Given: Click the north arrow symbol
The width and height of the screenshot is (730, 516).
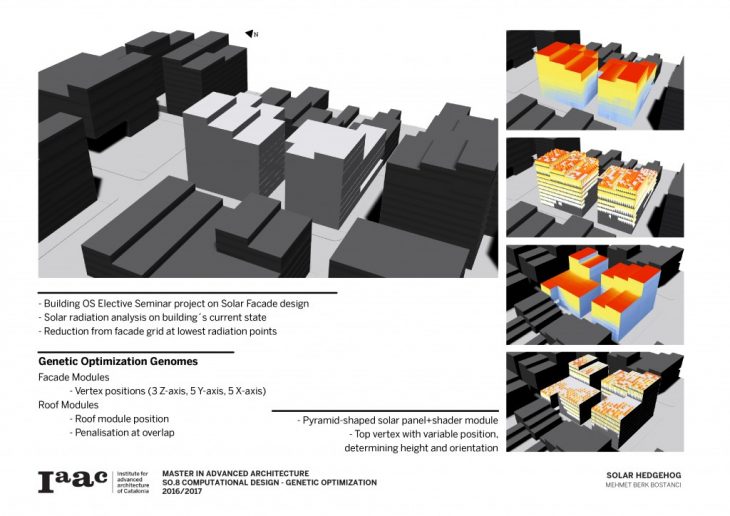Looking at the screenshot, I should pyautogui.click(x=250, y=34).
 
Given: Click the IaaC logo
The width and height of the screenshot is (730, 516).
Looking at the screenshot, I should pyautogui.click(x=73, y=481).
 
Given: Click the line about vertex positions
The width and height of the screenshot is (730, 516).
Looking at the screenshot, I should pyautogui.click(x=167, y=390).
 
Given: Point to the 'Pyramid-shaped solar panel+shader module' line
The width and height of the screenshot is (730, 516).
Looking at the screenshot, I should pyautogui.click(x=397, y=420).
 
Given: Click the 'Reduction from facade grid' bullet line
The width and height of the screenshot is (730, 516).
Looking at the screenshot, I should pyautogui.click(x=158, y=330).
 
